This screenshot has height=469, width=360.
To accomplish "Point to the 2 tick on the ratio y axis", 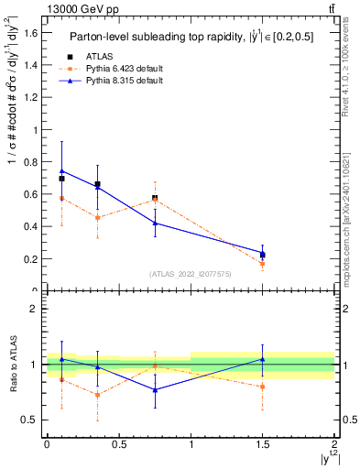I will [x=37, y=310].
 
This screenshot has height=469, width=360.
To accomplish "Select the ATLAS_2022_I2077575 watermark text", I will [x=190, y=274].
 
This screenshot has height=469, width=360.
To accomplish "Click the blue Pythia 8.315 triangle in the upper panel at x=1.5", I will [x=263, y=253].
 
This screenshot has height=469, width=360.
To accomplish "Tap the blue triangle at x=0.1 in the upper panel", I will [x=61, y=170].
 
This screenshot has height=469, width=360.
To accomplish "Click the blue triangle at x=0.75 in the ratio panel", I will [x=155, y=390].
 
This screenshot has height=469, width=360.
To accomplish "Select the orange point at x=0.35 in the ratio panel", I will [x=97, y=395].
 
